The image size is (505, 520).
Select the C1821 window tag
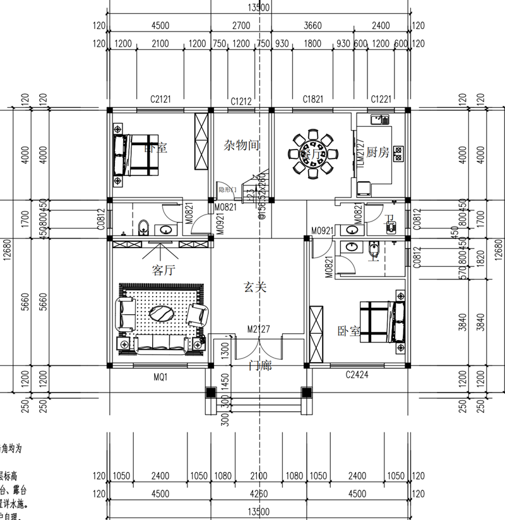(x=312, y=98)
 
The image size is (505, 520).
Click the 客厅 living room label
(x=162, y=270)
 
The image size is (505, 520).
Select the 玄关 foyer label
(x=256, y=288)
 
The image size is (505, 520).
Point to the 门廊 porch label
(x=260, y=365)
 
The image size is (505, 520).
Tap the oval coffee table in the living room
(x=162, y=314)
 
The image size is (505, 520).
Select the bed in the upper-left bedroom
(x=136, y=155)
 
